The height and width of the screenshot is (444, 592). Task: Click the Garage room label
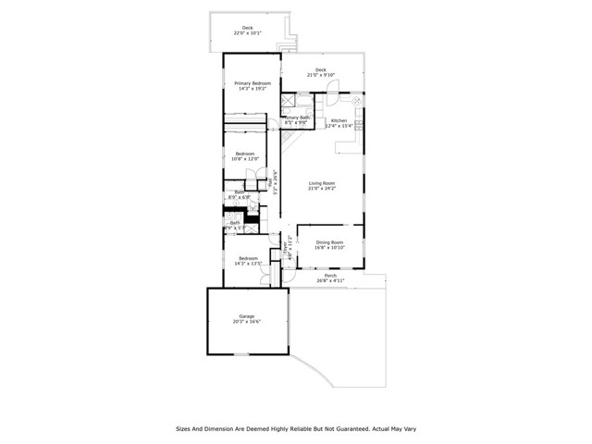click(x=247, y=316)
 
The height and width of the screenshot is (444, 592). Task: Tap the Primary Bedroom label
click(x=244, y=83)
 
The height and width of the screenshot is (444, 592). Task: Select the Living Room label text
click(x=321, y=183)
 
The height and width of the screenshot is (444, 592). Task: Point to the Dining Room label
click(x=329, y=242)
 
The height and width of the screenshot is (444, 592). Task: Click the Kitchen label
click(x=339, y=120)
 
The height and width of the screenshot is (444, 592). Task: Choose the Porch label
click(x=330, y=275)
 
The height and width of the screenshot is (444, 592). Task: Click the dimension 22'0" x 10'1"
click(x=247, y=33)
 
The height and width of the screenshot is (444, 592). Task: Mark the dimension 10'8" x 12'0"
click(x=244, y=159)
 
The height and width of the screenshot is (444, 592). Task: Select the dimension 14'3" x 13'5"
click(x=248, y=264)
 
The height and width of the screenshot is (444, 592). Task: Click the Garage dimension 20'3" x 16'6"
click(x=247, y=322)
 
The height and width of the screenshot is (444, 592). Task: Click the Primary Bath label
click(x=298, y=118)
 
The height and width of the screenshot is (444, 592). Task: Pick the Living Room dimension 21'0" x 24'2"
click(x=321, y=189)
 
